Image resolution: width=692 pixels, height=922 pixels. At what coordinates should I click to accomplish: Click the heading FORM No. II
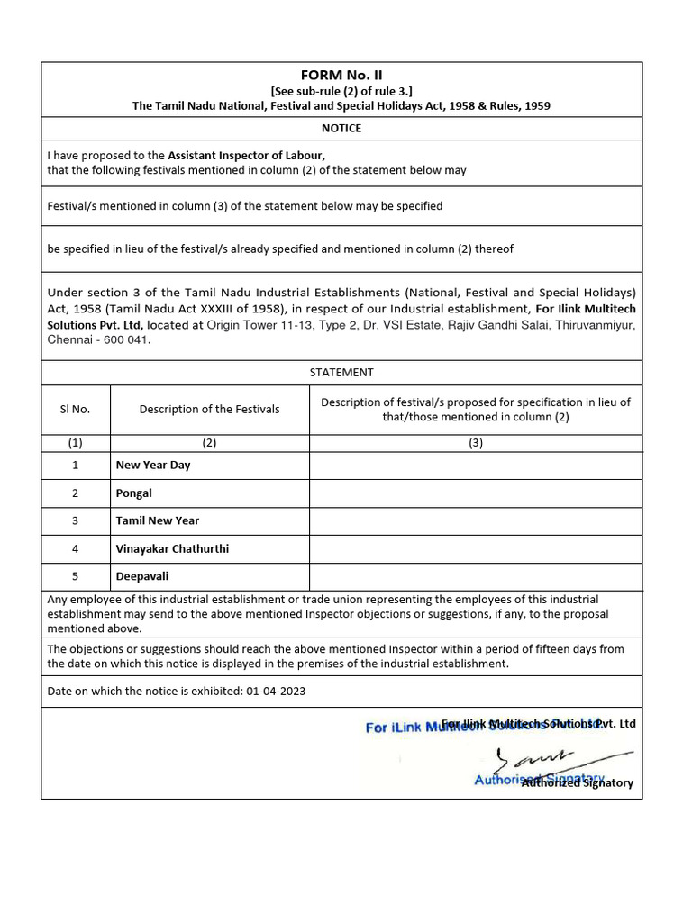[341, 75]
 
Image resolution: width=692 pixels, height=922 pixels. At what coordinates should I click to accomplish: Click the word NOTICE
[341, 128]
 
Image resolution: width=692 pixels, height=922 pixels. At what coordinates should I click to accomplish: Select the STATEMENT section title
[341, 372]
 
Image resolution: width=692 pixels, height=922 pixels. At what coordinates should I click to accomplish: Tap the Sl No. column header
[76, 409]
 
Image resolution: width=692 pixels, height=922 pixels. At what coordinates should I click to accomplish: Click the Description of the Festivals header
[209, 409]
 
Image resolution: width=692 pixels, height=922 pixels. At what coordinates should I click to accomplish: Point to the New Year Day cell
[153, 466]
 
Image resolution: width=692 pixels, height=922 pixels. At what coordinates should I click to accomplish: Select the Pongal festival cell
[134, 493]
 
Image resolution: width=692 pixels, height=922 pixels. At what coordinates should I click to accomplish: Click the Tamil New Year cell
[158, 520]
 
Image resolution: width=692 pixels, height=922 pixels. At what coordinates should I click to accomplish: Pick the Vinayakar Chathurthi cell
[172, 548]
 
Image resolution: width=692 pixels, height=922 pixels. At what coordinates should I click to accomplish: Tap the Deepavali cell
[142, 576]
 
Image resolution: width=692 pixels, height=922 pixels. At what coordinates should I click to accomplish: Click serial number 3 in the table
[76, 520]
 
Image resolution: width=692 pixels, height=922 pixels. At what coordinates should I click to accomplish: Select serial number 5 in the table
[76, 576]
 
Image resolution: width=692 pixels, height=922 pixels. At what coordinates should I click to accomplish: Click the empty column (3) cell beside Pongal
[476, 493]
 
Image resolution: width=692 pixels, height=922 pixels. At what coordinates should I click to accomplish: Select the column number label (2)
[209, 442]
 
